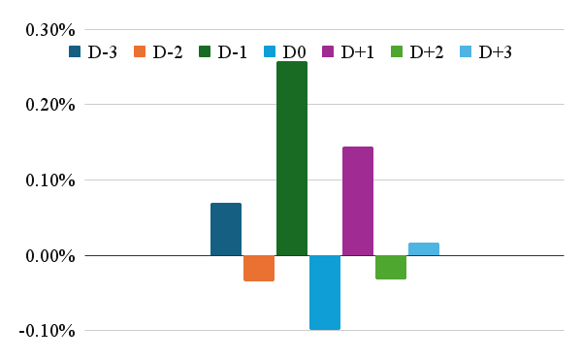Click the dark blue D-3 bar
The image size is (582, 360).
[226, 229]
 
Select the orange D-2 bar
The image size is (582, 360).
[259, 269]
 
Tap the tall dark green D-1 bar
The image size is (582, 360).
[292, 158]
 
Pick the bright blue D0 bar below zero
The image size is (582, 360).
[325, 292]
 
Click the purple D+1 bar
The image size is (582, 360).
[358, 201]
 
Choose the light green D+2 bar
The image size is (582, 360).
[391, 267]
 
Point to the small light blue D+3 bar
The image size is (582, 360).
[424, 249]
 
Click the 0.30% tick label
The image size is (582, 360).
[50, 30]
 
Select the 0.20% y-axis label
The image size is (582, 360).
[50, 105]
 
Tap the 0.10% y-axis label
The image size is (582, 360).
[50, 180]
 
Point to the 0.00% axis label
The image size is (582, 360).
[50, 256]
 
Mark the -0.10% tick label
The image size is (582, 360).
[48, 331]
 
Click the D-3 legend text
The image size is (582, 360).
[103, 52]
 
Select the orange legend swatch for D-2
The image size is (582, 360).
[140, 51]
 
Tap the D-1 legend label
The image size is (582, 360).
[233, 52]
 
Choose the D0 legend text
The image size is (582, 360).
[294, 52]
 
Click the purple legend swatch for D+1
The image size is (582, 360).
[328, 51]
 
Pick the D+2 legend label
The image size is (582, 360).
[427, 52]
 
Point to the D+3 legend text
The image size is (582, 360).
[495, 52]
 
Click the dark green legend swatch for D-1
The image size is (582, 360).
[205, 51]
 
